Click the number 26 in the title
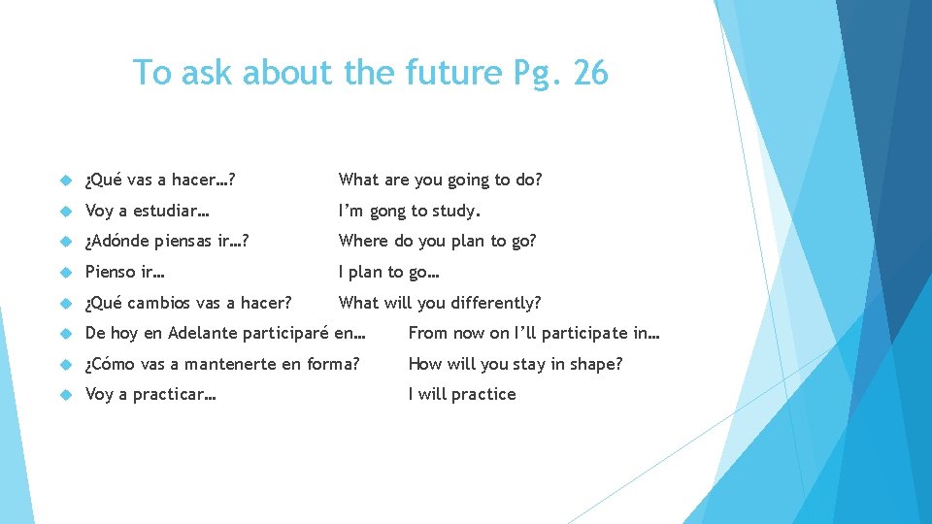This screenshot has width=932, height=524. click(x=590, y=73)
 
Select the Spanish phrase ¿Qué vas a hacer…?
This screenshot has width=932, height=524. click(x=162, y=180)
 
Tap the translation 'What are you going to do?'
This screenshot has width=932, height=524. click(x=440, y=180)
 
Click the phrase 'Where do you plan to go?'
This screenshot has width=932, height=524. click(x=437, y=241)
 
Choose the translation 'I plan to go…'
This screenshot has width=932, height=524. click(x=388, y=272)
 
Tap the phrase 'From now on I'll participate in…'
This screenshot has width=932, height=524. click(x=534, y=333)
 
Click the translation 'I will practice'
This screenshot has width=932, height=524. click(x=462, y=394)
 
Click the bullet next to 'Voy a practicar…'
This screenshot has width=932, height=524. click(x=66, y=395)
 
